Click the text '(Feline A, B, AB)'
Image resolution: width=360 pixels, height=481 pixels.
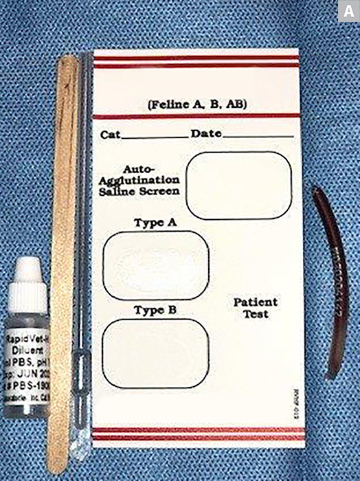click(x=197, y=104)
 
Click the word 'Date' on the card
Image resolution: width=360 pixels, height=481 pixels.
click(x=206, y=133)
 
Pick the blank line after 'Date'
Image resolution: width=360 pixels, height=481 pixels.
click(x=258, y=137)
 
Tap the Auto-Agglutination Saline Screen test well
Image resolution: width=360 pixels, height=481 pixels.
click(x=239, y=185)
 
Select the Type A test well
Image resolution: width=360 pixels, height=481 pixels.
click(x=156, y=262)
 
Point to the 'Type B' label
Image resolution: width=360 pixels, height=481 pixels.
click(x=155, y=310)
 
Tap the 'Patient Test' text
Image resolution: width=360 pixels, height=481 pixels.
click(x=256, y=308)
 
